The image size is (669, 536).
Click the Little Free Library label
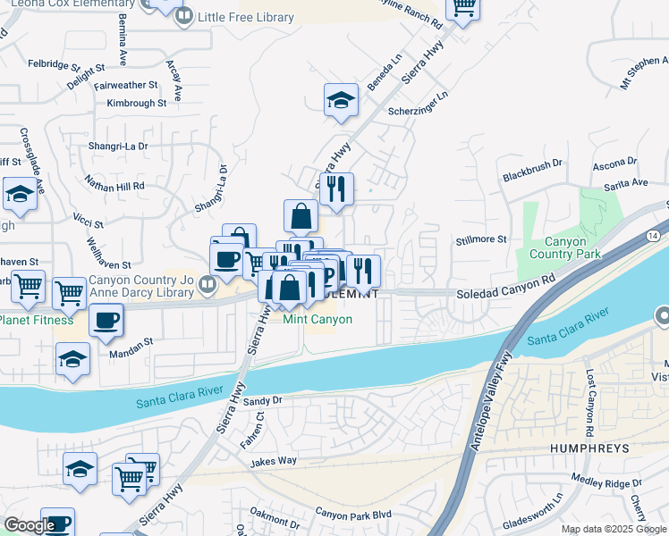247,17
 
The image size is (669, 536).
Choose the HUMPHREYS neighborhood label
589,448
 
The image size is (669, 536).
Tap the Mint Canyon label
318,319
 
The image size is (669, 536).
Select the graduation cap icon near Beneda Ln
341,101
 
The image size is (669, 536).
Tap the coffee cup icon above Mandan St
106,321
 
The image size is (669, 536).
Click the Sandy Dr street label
262,401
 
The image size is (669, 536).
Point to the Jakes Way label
273,461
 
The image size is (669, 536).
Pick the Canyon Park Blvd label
353,514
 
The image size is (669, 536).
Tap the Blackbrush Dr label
531,163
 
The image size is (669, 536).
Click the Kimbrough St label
136,103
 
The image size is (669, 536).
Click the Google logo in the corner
29,525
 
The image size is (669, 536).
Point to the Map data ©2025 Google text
612,529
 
